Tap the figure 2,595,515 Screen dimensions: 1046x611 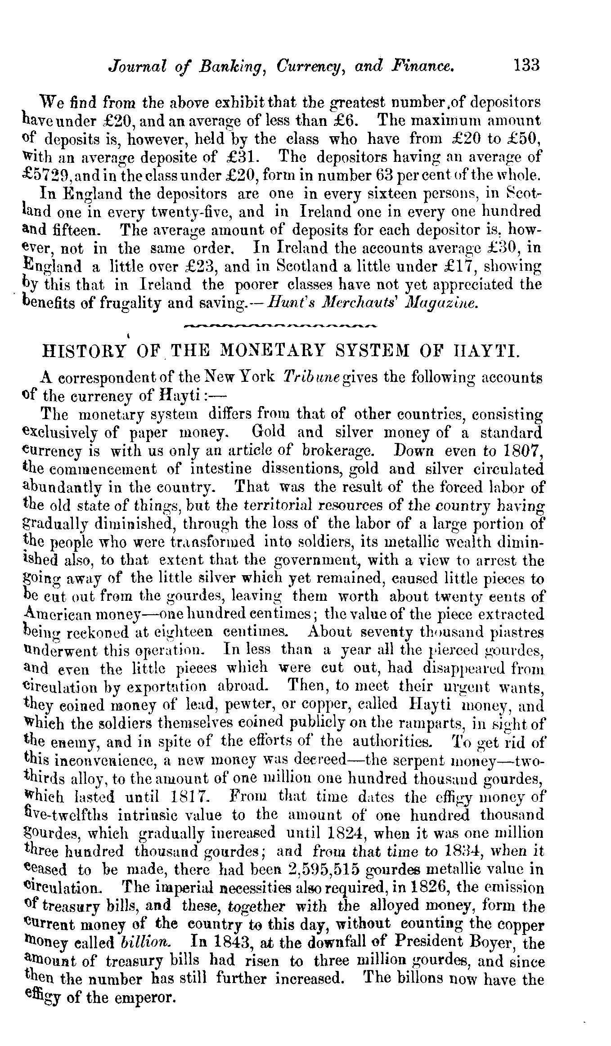click(327, 871)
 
